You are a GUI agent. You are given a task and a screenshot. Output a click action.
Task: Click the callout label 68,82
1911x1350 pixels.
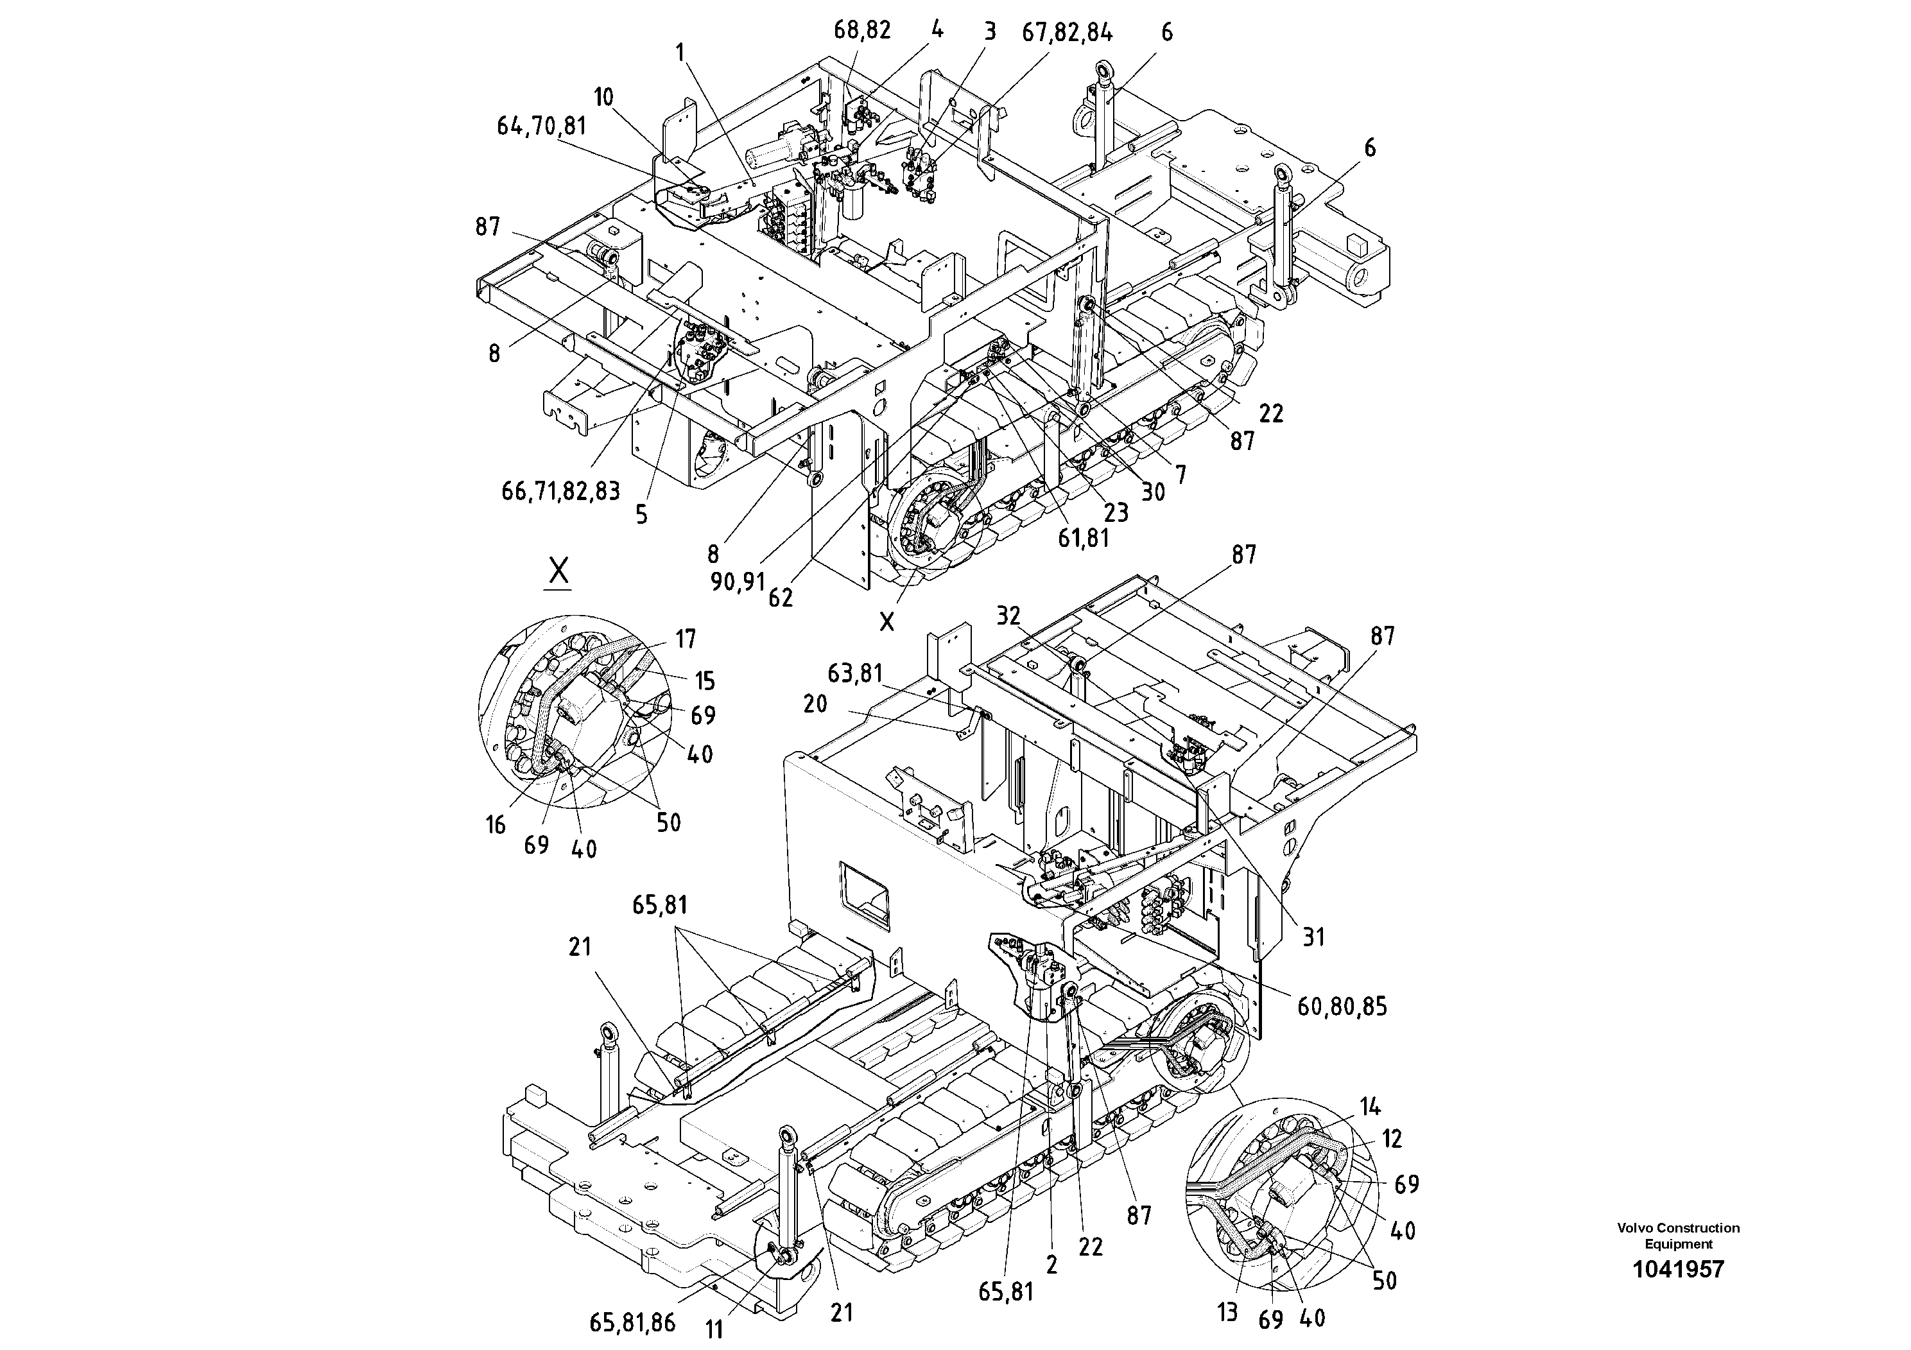coord(861,31)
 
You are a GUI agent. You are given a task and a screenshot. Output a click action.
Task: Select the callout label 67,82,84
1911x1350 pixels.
coord(1067,33)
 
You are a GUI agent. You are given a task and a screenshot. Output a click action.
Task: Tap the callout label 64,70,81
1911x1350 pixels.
coord(541,126)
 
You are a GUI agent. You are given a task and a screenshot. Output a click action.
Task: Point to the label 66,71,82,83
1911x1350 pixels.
coord(560,491)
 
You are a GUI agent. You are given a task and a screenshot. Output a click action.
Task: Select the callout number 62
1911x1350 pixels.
coord(781,598)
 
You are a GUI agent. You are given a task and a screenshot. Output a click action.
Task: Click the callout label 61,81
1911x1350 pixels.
coord(1083,539)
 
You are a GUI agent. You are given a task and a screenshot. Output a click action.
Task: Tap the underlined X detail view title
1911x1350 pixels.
coord(558,572)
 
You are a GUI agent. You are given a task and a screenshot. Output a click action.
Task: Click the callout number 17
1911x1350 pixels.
coord(686,639)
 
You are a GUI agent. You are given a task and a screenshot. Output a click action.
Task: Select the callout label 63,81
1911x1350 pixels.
coord(855,673)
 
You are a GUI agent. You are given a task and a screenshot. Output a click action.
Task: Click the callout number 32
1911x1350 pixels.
coord(1008,616)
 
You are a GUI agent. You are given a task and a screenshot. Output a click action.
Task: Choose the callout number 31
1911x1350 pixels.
coord(1313,938)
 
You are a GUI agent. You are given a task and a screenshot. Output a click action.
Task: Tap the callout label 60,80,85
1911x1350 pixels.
coord(1342,1007)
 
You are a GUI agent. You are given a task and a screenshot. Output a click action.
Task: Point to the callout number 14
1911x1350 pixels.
coord(1370,1107)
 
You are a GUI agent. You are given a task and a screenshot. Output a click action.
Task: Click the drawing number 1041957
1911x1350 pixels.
coord(1678,1269)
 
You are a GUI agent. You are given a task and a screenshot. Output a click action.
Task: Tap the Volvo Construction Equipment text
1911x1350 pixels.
coord(1678,1235)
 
